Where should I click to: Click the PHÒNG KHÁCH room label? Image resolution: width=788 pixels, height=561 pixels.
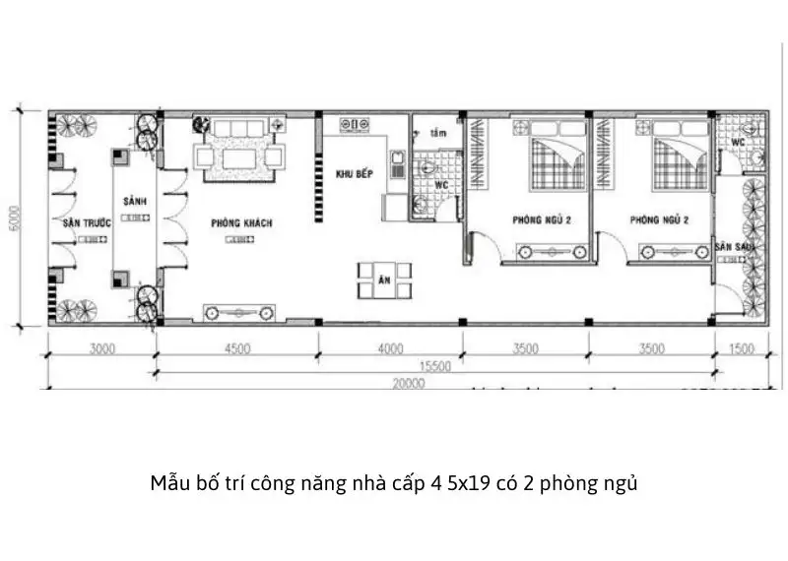241,223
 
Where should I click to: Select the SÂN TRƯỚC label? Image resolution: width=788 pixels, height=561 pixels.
87,223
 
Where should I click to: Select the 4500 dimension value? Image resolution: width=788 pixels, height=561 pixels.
237,347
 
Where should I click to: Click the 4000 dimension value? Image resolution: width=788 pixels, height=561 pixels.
390,347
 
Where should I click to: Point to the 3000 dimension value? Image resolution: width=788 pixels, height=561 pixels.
101,347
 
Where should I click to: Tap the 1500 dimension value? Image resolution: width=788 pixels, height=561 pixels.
742,347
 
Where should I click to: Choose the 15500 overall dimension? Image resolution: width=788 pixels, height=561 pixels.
433,365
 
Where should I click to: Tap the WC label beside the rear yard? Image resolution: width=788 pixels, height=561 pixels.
737,142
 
